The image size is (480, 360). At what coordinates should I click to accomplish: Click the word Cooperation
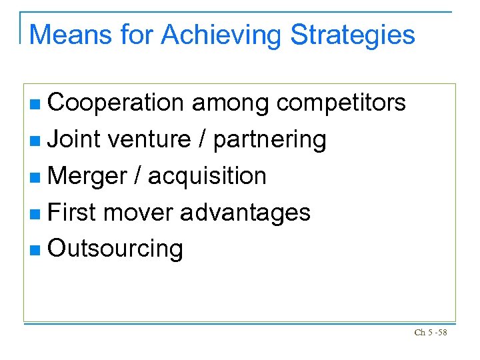tap(116, 103)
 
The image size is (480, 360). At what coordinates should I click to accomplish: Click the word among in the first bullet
tap(230, 103)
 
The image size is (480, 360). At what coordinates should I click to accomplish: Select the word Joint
tap(74, 139)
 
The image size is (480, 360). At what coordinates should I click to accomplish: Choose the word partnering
tap(270, 140)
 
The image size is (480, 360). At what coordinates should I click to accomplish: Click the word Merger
tap(87, 176)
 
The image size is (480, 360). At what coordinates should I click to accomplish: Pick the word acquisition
tap(207, 177)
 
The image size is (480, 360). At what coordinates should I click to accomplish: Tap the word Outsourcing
tap(116, 249)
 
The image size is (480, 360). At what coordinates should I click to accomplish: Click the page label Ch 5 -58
tap(430, 332)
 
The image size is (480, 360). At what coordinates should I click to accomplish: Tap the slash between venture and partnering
tap(202, 139)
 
